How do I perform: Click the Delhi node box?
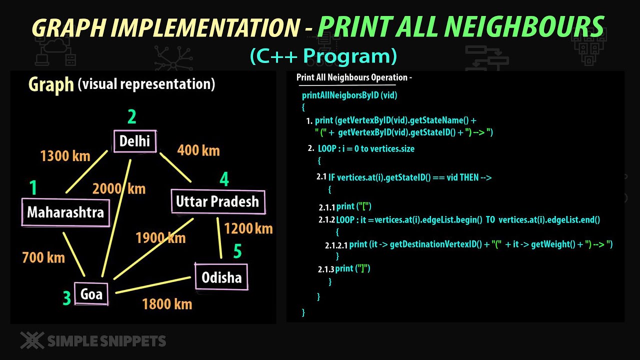[x=135, y=141]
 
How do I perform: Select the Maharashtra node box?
[x=65, y=212]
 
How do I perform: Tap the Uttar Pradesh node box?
[x=217, y=201]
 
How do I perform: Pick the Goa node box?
[x=91, y=294]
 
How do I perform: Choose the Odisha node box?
[x=221, y=277]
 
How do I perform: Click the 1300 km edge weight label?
[x=65, y=156]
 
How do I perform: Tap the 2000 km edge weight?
[x=119, y=188]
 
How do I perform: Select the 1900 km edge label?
[x=160, y=237]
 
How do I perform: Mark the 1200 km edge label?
[x=248, y=228]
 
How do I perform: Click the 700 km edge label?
[x=43, y=257]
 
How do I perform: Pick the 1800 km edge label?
[x=167, y=303]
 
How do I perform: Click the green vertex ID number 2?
[x=132, y=117]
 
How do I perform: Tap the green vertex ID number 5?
[x=237, y=251]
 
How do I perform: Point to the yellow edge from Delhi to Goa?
[x=116, y=217]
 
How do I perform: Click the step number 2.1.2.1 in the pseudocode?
[x=336, y=245]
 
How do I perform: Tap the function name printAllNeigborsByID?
[x=340, y=95]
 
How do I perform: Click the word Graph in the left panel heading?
[x=51, y=84]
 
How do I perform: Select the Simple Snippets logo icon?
[x=32, y=340]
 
